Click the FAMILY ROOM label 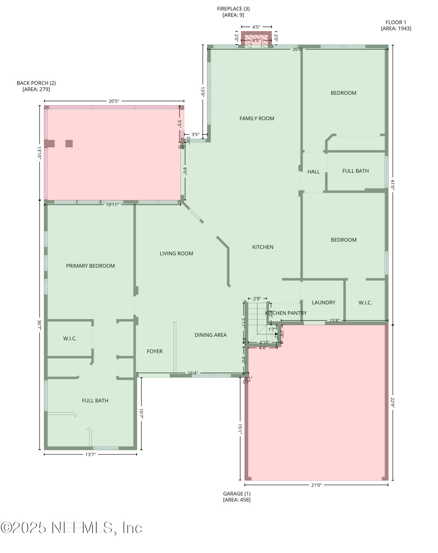click(257, 118)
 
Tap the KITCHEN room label click(262, 247)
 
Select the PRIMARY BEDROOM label click(90, 266)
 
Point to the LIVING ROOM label click(176, 253)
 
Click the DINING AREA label click(210, 335)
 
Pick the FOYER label click(154, 351)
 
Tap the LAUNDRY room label click(323, 302)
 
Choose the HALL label click(313, 172)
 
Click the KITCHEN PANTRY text click(286, 313)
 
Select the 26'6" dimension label click(298, 49)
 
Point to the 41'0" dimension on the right click(392, 184)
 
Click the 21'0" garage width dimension click(316, 485)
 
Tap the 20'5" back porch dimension click(114, 101)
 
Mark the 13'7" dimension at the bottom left click(90, 454)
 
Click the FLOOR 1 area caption click(396, 25)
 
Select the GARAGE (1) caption click(237, 497)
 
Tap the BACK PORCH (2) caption click(36, 86)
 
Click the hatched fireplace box click(256, 39)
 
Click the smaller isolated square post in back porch click(69, 144)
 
